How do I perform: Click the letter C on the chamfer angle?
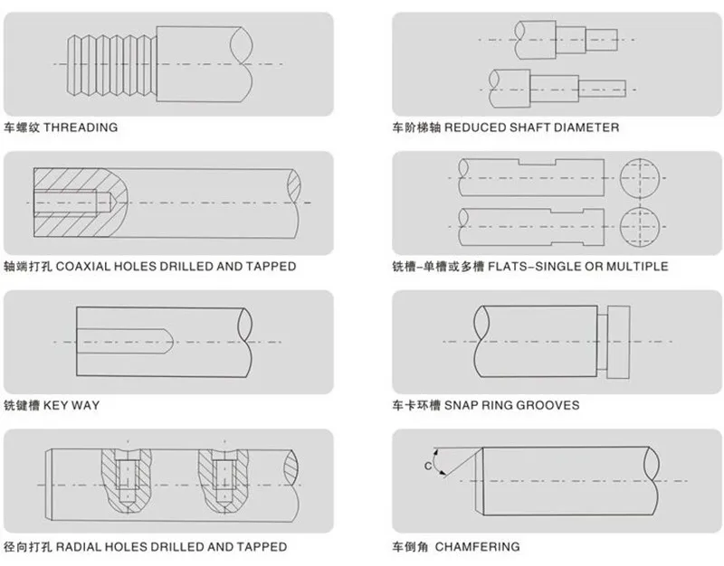coord(427,465)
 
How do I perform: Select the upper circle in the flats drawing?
coord(643,174)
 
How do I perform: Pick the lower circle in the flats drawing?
coord(643,222)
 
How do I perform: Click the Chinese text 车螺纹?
coord(21,127)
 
